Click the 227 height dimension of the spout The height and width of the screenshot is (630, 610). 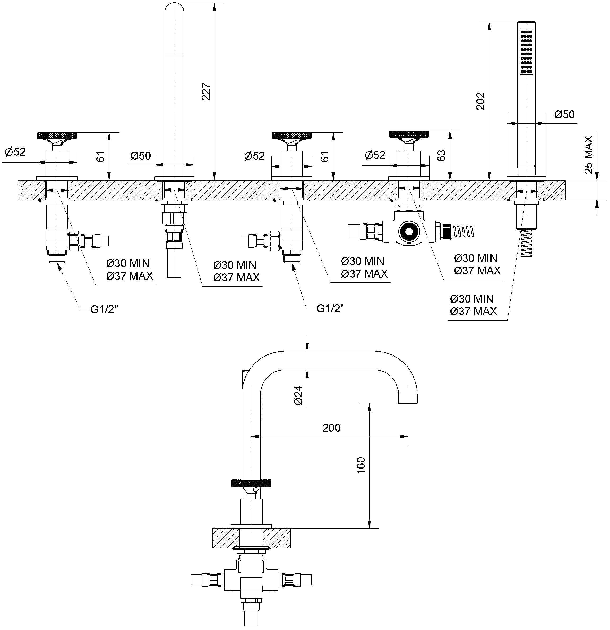(x=206, y=92)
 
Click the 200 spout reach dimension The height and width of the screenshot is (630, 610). (x=331, y=427)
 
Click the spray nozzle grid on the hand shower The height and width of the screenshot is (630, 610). (x=526, y=51)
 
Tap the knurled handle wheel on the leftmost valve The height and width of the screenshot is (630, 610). (x=57, y=135)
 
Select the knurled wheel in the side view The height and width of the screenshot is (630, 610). (x=251, y=483)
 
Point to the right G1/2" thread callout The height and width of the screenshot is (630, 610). (x=330, y=309)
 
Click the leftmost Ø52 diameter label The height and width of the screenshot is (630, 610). (x=15, y=152)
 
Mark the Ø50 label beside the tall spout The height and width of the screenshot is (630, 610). (x=141, y=156)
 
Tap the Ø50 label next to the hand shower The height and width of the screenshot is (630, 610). (x=564, y=114)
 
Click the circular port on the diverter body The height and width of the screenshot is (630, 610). (x=409, y=231)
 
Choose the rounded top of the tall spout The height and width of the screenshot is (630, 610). (x=174, y=10)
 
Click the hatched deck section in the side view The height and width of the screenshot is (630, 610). (x=251, y=538)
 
